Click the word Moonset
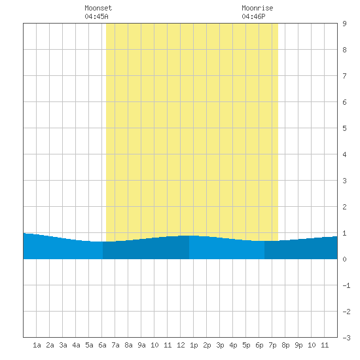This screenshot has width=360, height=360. (x=98, y=8)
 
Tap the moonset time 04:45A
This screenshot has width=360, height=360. (x=96, y=16)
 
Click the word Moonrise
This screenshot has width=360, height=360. (x=257, y=8)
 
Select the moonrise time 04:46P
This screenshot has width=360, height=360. (x=253, y=16)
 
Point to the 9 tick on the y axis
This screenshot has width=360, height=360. (x=344, y=24)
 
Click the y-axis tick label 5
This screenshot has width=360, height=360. (x=344, y=128)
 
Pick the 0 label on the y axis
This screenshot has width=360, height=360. (x=344, y=259)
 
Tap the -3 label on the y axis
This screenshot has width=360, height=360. (x=346, y=338)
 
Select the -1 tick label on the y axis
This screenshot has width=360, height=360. (x=346, y=285)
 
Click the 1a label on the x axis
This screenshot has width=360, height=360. (x=37, y=345)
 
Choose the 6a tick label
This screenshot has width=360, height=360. (x=102, y=345)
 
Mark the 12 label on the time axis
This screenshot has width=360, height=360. (x=181, y=345)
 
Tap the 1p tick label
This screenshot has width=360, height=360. (x=194, y=345)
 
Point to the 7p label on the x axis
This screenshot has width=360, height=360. (x=272, y=345)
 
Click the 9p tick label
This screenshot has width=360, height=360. (x=298, y=345)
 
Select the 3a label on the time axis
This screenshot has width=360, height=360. (x=63, y=345)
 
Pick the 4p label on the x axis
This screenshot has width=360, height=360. (x=233, y=345)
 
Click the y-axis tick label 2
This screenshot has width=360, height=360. (x=344, y=207)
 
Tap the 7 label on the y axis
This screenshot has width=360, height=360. (x=344, y=76)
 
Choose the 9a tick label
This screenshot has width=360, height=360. (x=141, y=345)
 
